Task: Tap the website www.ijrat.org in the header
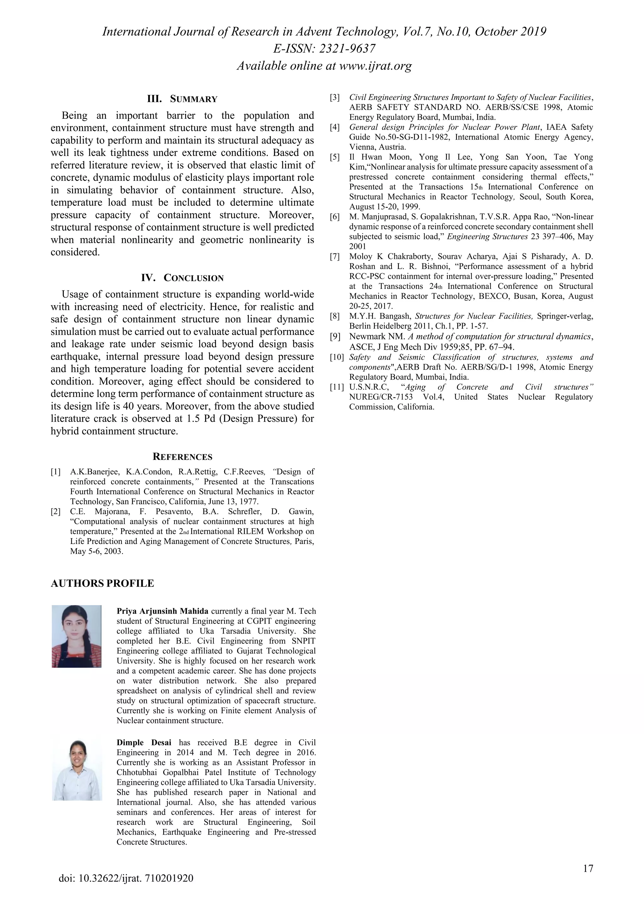pos(375,66)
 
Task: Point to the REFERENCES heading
pos(182,457)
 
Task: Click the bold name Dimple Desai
pos(144,742)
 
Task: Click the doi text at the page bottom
pos(126,889)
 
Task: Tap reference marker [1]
pos(56,472)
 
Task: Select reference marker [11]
pos(337,387)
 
